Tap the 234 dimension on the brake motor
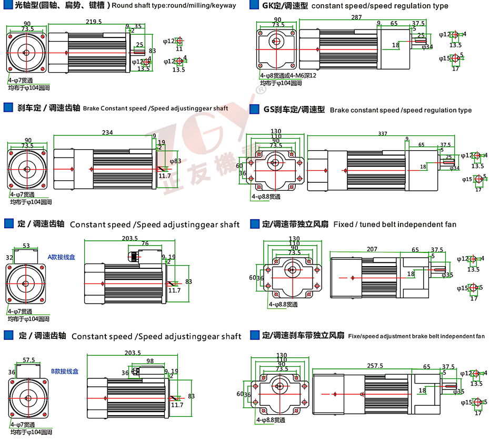(107, 133)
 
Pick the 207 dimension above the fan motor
(372, 248)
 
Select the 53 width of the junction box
(26, 245)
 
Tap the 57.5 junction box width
(29, 360)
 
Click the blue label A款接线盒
(62, 257)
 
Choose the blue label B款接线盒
(65, 371)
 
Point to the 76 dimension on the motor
(145, 243)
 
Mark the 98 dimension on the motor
(150, 361)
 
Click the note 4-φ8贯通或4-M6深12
(288, 76)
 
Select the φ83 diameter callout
(176, 161)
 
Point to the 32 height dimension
(9, 258)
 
